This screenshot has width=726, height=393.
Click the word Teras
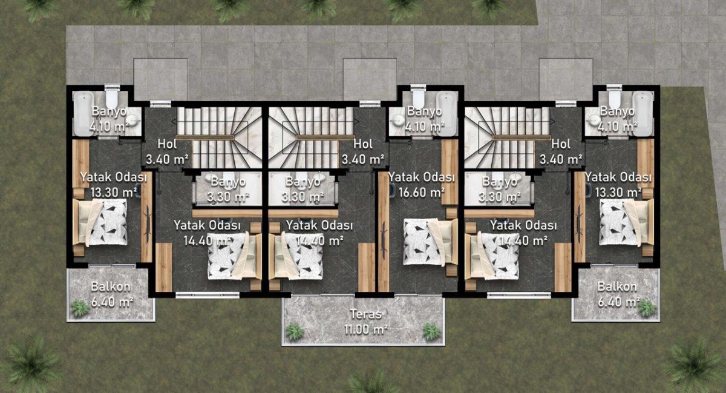366,314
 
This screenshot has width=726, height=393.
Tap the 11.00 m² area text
366,330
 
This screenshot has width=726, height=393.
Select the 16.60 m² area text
421,193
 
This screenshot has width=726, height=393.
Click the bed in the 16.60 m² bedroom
430,242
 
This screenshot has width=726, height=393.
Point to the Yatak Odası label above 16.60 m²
421,177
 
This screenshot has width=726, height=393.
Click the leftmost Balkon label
111,287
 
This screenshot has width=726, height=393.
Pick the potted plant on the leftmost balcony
79,308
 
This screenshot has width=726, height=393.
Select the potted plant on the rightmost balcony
647,308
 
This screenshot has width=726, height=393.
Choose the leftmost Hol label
167,144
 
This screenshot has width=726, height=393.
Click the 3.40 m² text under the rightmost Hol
561,160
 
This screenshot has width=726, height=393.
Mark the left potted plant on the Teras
294,331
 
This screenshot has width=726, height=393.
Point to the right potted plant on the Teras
431,331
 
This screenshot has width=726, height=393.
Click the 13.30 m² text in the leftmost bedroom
114,193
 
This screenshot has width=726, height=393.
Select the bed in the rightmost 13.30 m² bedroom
626,222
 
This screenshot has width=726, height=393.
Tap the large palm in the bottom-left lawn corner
31,365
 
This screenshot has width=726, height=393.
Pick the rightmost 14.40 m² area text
523,241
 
